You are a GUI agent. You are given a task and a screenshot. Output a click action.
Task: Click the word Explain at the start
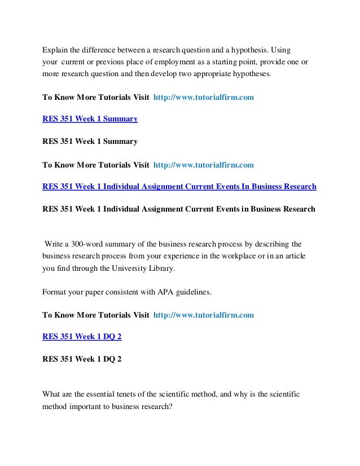pyautogui.click(x=55, y=49)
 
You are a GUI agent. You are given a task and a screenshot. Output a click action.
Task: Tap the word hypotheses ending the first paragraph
pyautogui.click(x=251, y=73)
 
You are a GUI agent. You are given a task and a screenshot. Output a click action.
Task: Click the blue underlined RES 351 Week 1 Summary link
pyautogui.click(x=90, y=120)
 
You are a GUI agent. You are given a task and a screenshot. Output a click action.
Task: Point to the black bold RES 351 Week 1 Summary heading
pyautogui.click(x=90, y=142)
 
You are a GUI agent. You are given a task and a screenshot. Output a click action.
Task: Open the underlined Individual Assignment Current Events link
pyautogui.click(x=179, y=186)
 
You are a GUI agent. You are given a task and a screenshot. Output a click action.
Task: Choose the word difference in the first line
pyautogui.click(x=113, y=49)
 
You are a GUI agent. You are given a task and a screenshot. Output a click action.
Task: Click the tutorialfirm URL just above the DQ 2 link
pyautogui.click(x=203, y=314)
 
